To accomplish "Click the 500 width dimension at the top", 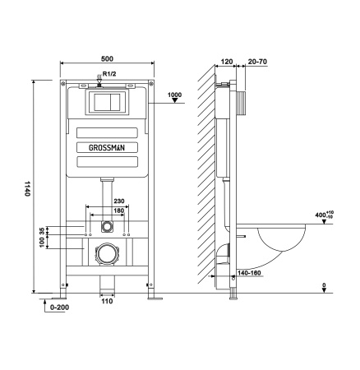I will [107, 58].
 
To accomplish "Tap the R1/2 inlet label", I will [110, 75].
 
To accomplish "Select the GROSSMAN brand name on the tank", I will [107, 146].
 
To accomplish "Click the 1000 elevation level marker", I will [173, 95].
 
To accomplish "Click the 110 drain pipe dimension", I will [107, 302].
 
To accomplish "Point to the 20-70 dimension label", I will [256, 60].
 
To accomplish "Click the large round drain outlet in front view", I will [107, 254].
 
